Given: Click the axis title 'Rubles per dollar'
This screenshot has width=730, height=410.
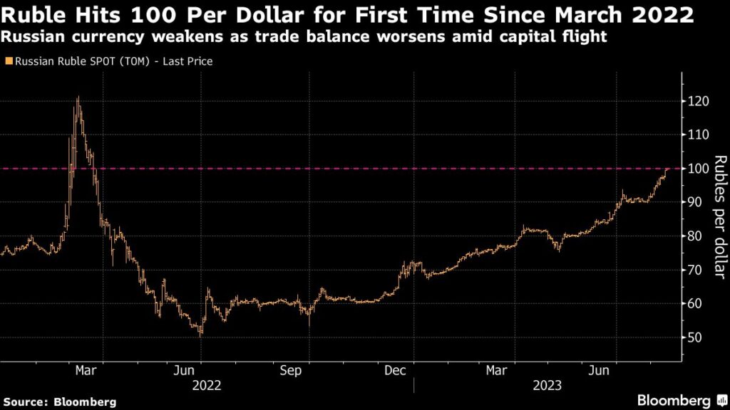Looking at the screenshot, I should coord(719,217).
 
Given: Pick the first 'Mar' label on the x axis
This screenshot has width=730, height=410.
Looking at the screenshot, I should coord(86,371).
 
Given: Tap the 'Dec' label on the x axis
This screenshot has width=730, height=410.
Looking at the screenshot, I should coord(395,371).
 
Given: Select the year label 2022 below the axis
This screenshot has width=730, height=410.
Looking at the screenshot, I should coord(207,386).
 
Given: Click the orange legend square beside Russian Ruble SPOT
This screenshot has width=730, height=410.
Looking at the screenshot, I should coord(8,62).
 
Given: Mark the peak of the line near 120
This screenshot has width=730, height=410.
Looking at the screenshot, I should coord(78,98).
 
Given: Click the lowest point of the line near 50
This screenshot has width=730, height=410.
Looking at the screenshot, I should coord(201,334).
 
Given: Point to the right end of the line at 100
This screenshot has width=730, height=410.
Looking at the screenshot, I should coord(667,169).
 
